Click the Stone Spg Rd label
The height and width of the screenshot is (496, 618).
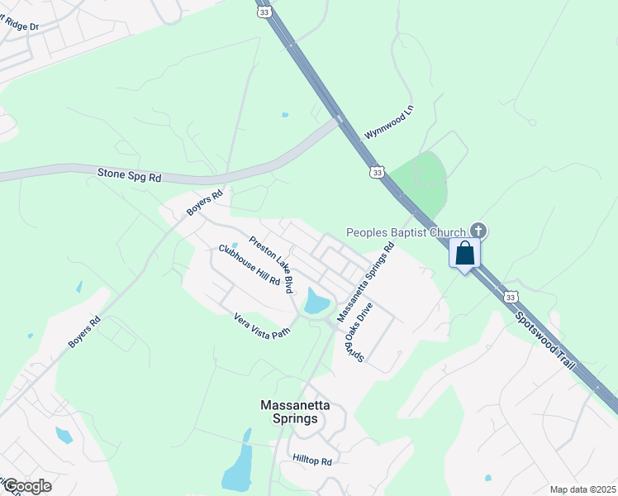(129, 175)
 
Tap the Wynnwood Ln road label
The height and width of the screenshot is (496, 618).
(388, 122)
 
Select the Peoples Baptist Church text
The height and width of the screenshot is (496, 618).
(405, 233)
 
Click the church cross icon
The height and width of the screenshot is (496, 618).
(478, 230)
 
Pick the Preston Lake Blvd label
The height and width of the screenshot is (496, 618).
(272, 264)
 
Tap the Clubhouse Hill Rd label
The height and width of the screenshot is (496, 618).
(250, 265)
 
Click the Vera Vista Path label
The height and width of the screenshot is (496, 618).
(262, 326)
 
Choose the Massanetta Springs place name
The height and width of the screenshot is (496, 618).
(288, 412)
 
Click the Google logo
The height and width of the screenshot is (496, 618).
(26, 486)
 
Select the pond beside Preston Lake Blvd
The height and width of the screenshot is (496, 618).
(316, 301)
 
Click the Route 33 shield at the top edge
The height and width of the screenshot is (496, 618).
(264, 12)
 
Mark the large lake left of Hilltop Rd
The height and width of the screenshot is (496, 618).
(238, 471)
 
